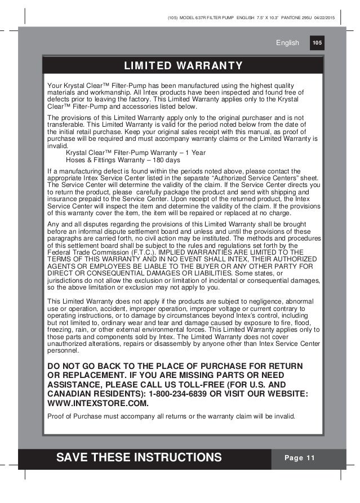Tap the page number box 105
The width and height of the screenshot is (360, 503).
317,42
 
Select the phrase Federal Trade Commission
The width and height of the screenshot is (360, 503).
89,251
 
